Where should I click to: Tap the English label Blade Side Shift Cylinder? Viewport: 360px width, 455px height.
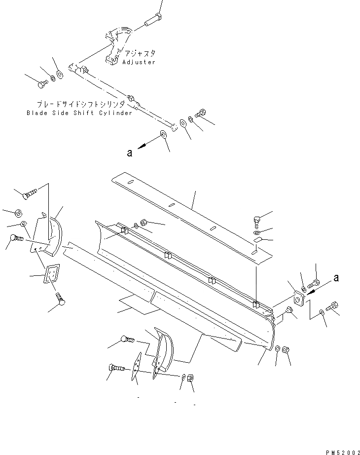(79, 113)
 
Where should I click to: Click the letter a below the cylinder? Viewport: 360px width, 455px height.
(130, 153)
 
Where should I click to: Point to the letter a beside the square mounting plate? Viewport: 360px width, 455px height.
(336, 278)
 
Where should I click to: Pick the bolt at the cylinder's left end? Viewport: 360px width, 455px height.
(41, 85)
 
